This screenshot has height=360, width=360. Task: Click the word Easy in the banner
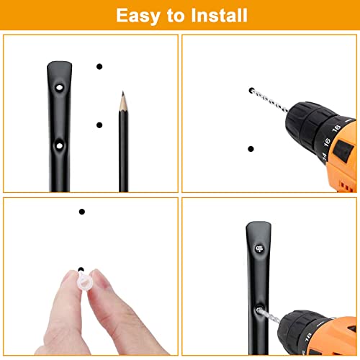pyautogui.click(x=138, y=17)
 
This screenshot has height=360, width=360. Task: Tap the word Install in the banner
pyautogui.click(x=219, y=15)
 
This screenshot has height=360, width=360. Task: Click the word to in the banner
pyautogui.click(x=176, y=16)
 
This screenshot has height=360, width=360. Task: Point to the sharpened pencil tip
pyautogui.click(x=123, y=93)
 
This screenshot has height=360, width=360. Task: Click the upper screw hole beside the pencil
pyautogui.click(x=59, y=87)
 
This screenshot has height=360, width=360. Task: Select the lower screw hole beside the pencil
pyautogui.click(x=59, y=145)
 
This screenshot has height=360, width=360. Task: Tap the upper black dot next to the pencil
pyautogui.click(x=99, y=66)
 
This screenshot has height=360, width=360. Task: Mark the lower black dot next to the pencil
pyautogui.click(x=99, y=125)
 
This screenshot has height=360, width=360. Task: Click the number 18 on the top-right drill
pyautogui.click(x=336, y=128)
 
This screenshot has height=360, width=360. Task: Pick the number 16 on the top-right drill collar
pyautogui.click(x=327, y=142)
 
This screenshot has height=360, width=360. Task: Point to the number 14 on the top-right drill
pyautogui.click(x=324, y=156)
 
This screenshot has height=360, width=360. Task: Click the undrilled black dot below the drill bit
pyautogui.click(x=251, y=149)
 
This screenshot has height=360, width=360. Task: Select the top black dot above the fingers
pyautogui.click(x=82, y=212)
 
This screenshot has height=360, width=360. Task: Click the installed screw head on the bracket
pyautogui.click(x=259, y=248)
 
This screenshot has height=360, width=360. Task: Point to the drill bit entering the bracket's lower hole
pyautogui.click(x=269, y=315)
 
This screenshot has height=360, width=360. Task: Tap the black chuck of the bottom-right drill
pyautogui.click(x=300, y=333)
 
